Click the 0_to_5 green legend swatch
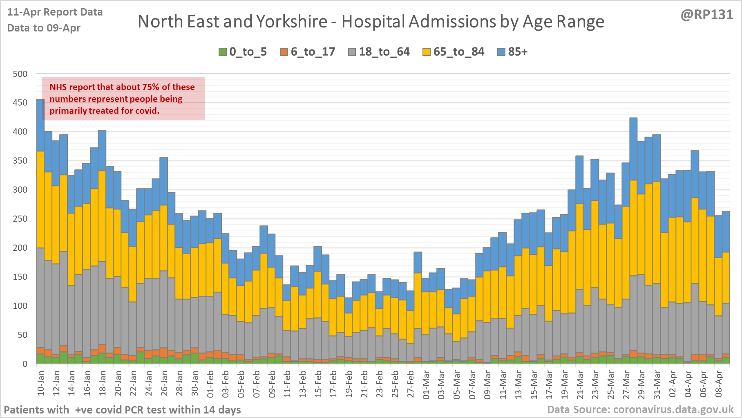[x=223, y=52]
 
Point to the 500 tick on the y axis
[x=20, y=74]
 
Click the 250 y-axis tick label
[x=20, y=219]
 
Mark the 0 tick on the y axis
[x=25, y=364]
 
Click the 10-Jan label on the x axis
[x=41, y=383]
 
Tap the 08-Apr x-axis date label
[x=719, y=383]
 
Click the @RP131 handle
[x=707, y=15]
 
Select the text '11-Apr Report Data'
[x=55, y=12]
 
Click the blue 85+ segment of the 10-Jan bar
[x=40, y=125]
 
